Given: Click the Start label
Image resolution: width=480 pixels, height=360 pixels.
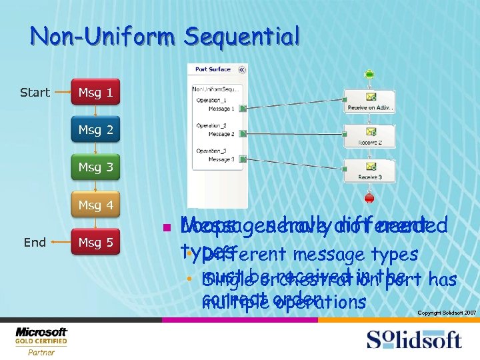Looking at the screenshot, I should point(35,93).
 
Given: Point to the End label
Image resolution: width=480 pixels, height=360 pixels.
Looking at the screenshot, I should point(35,242).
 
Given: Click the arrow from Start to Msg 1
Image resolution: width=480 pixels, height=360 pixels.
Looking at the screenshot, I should point(61,93).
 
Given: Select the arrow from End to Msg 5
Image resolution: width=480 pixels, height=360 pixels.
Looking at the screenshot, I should point(61,242).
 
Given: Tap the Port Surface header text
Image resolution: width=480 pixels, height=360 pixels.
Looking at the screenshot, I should point(213,69).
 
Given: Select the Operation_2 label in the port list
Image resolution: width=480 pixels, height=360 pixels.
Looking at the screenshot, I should point(211,125).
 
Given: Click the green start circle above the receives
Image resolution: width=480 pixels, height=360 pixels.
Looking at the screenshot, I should point(369,75).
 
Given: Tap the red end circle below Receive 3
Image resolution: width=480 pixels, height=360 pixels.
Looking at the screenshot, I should point(369,198).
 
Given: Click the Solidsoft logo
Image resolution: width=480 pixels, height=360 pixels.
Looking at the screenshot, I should point(413,339).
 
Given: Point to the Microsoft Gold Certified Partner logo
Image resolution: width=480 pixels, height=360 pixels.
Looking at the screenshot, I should point(41,341).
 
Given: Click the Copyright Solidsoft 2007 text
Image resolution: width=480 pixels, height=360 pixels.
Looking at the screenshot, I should point(446,312).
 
